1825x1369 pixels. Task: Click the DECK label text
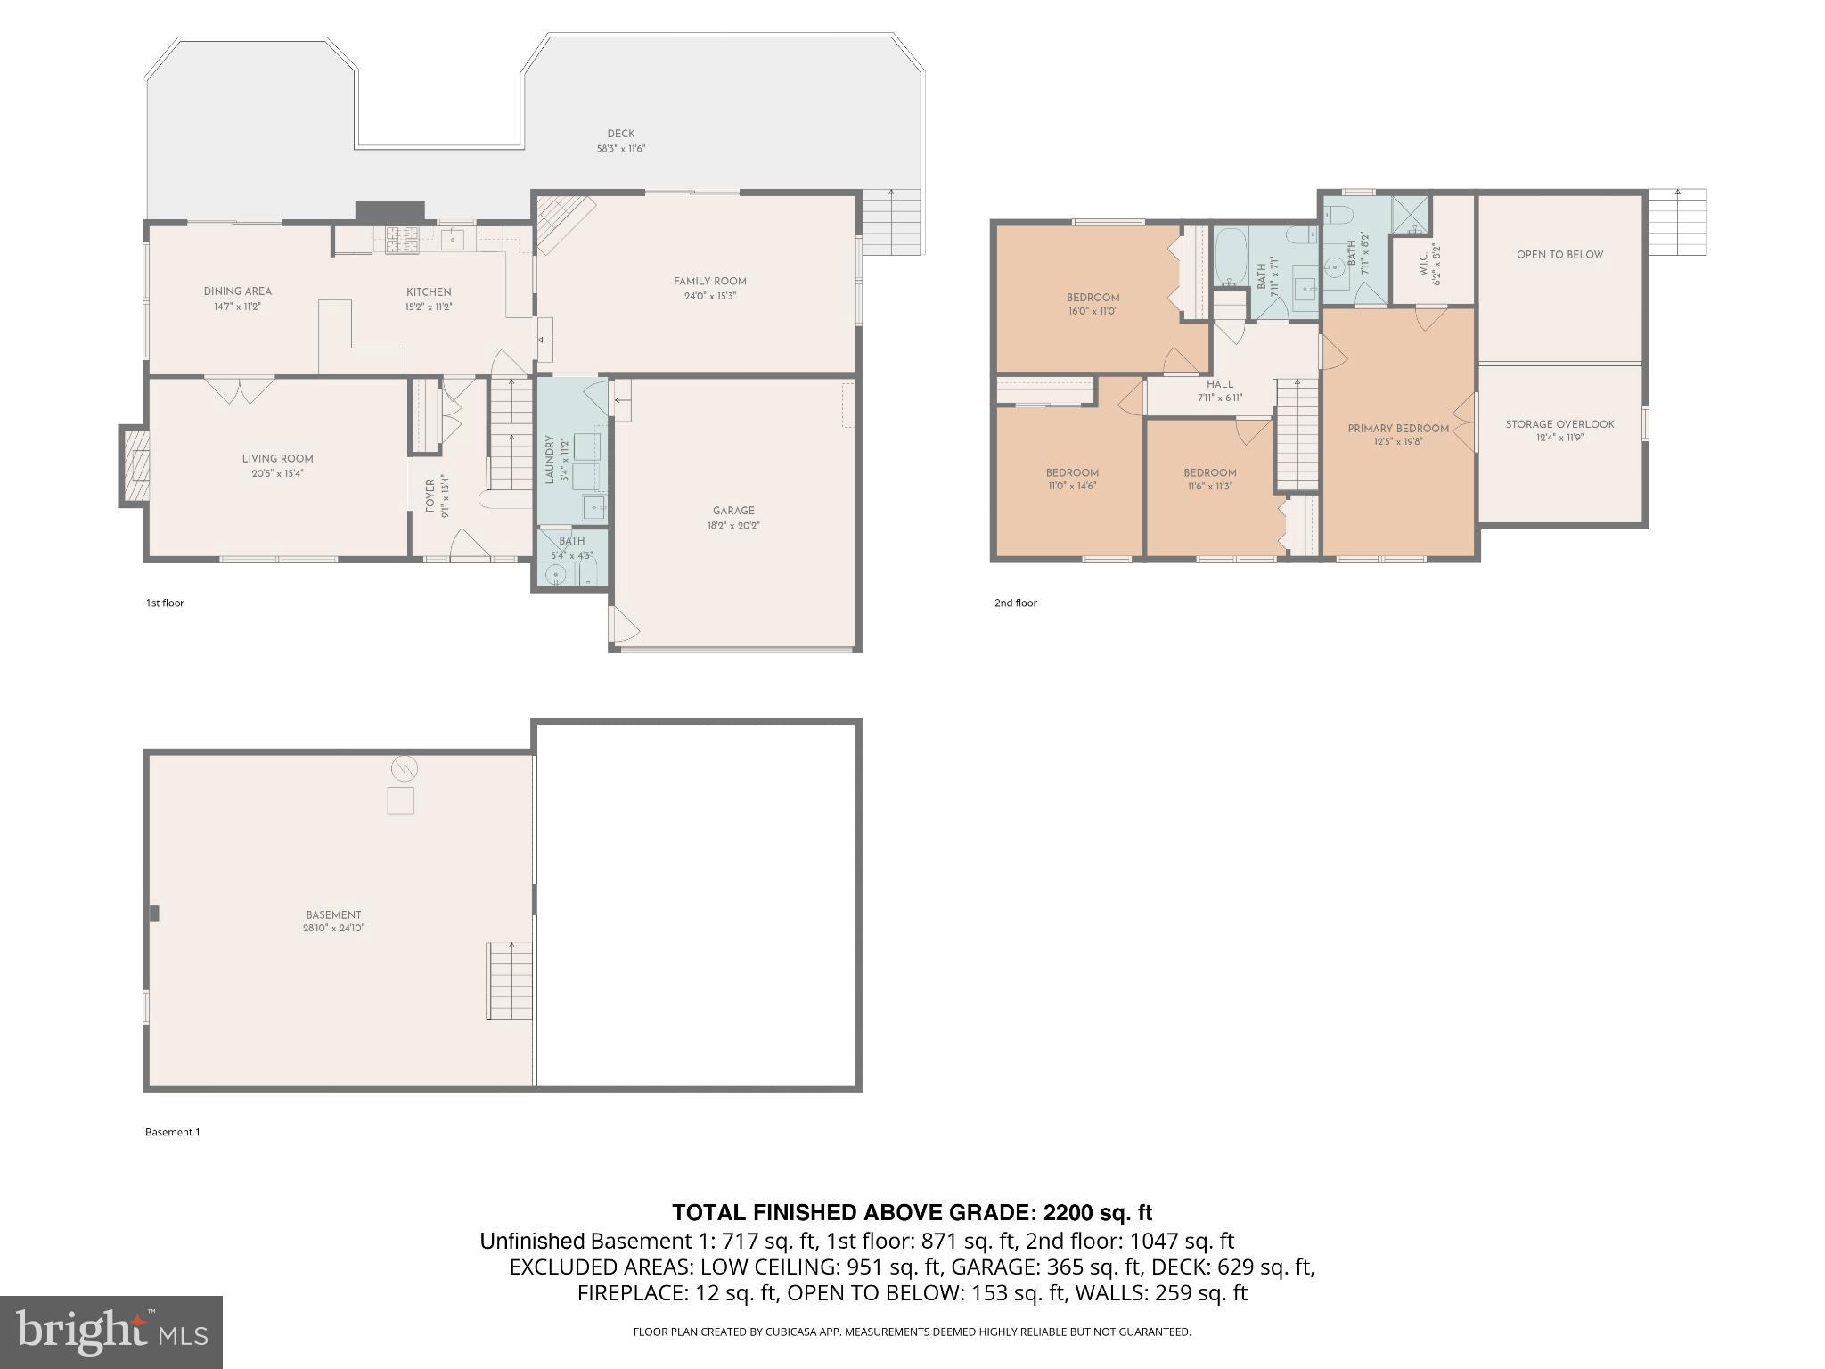(620, 134)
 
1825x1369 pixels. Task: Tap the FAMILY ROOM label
(709, 281)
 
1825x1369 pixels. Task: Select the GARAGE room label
(733, 511)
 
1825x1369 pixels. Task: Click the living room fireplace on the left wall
(135, 466)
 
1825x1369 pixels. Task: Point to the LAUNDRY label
(550, 459)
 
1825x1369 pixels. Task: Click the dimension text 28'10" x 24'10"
(333, 928)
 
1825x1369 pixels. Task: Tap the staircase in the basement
(509, 980)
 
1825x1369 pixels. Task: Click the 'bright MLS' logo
(110, 1332)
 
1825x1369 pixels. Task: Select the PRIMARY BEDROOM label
(1397, 429)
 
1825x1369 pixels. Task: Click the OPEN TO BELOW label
(1559, 254)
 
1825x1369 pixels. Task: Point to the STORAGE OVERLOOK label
(1559, 424)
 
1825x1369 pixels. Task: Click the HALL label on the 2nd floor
(1220, 384)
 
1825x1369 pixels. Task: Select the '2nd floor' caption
(1016, 603)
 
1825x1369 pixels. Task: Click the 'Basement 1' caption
(173, 1132)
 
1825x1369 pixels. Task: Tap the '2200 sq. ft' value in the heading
(1097, 1212)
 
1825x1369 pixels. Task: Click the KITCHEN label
(429, 291)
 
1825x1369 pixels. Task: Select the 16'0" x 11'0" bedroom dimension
(1093, 311)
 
